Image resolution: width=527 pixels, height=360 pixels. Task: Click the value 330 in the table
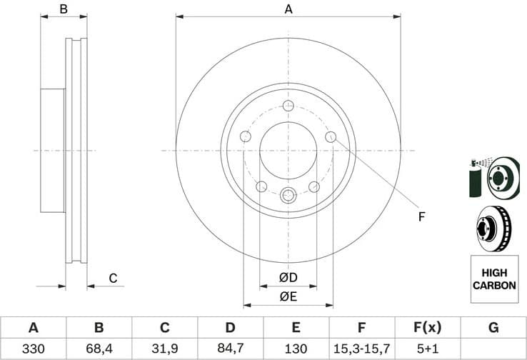[x=33, y=349]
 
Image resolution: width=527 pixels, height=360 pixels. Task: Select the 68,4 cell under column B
[x=99, y=349]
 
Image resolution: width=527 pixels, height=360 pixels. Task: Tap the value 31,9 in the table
[x=164, y=349]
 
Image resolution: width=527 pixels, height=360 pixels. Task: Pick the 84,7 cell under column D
[x=230, y=349]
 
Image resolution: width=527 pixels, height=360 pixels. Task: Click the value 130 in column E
[x=296, y=349]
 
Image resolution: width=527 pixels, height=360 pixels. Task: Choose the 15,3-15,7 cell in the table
[x=361, y=349]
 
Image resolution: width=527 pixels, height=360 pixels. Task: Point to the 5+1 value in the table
[x=427, y=349]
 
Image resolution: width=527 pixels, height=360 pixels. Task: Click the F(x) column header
[x=427, y=328]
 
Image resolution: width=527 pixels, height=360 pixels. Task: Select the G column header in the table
[x=493, y=328]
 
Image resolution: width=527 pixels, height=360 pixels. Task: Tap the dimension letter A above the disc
[x=288, y=9]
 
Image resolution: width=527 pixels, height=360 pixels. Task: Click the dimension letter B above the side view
[x=64, y=9]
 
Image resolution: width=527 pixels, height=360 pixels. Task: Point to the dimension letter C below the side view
[x=112, y=278]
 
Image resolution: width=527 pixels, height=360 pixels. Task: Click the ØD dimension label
[x=288, y=277]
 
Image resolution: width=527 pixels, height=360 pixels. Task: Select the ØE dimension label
[x=288, y=296]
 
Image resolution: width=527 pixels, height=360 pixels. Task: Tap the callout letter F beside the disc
[x=421, y=216]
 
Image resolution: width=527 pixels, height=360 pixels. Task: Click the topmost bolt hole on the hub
[x=288, y=106]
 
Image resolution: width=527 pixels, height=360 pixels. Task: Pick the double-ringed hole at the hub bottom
[x=288, y=195]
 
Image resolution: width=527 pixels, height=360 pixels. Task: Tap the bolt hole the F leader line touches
[x=331, y=137]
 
